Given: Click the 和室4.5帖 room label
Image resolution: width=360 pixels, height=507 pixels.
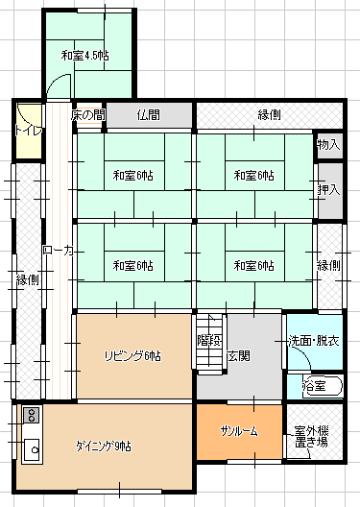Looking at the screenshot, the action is (85, 56).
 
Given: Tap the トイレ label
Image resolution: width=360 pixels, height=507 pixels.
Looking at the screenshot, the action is (29, 131).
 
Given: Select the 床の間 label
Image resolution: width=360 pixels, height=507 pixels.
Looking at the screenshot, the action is (88, 115).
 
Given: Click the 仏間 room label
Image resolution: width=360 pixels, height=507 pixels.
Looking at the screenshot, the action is (149, 115).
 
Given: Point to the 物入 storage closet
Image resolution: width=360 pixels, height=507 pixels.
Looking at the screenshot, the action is (328, 145).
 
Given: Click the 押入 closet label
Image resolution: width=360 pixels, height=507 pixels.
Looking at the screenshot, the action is (328, 190).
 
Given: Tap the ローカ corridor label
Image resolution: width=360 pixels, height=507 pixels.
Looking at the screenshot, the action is (59, 251).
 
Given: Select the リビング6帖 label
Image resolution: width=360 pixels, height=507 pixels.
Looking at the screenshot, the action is (132, 356).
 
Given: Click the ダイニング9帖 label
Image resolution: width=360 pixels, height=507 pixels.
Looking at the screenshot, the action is (104, 447).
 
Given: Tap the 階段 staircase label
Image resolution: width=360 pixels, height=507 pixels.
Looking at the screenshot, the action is (209, 340).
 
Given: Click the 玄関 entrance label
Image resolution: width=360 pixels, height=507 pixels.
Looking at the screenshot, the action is (239, 356).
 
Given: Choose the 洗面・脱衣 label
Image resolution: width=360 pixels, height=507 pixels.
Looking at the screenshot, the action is (314, 341).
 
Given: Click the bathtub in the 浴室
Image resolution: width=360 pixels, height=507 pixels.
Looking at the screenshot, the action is (323, 385).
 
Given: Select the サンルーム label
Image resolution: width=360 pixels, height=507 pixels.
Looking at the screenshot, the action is (239, 431).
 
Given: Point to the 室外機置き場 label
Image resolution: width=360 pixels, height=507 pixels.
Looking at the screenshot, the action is (312, 437).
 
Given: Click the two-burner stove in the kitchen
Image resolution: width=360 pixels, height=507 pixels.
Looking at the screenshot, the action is (32, 415).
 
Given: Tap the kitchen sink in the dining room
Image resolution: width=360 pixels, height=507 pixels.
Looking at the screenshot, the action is (32, 449).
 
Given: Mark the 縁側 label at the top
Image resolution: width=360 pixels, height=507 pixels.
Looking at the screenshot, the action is (269, 115).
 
